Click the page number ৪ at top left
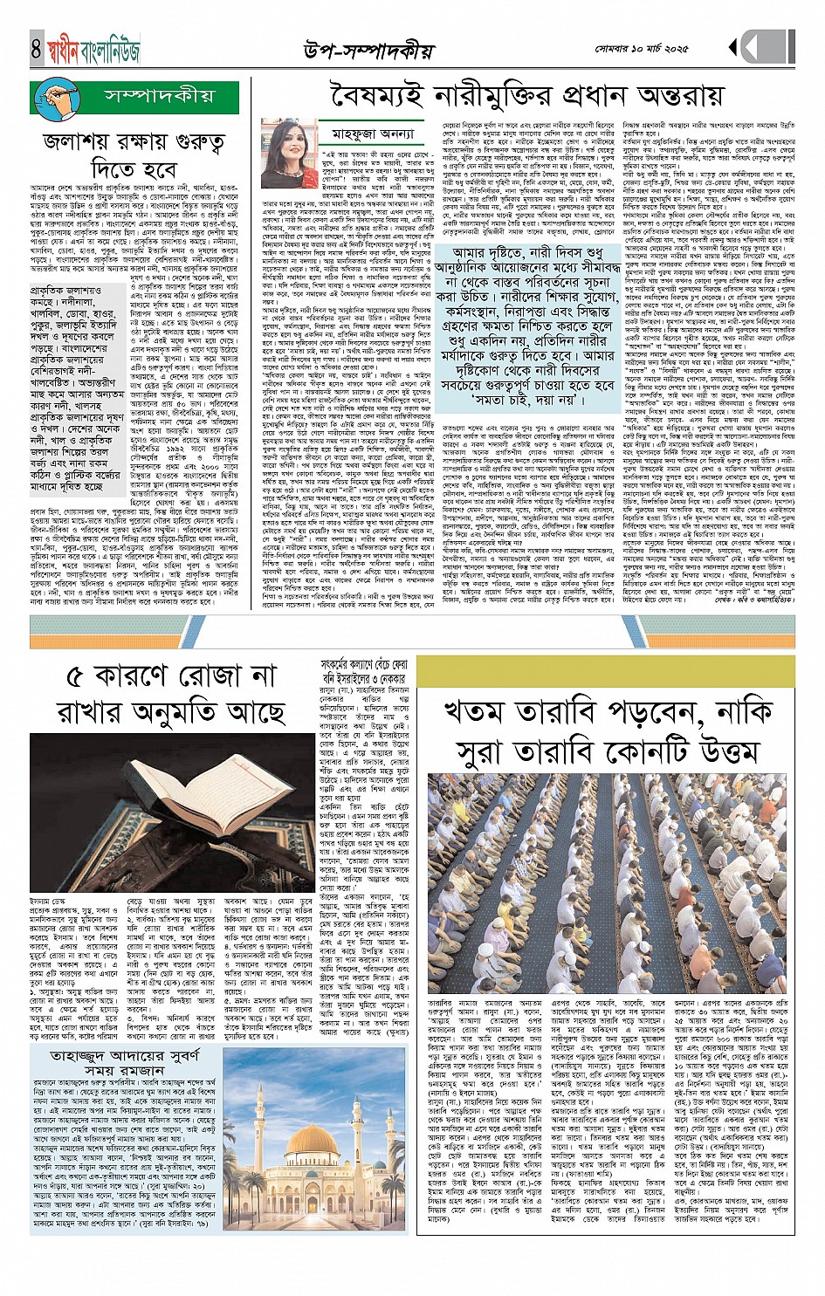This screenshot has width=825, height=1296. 36,49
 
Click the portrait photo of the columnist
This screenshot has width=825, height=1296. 290,154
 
